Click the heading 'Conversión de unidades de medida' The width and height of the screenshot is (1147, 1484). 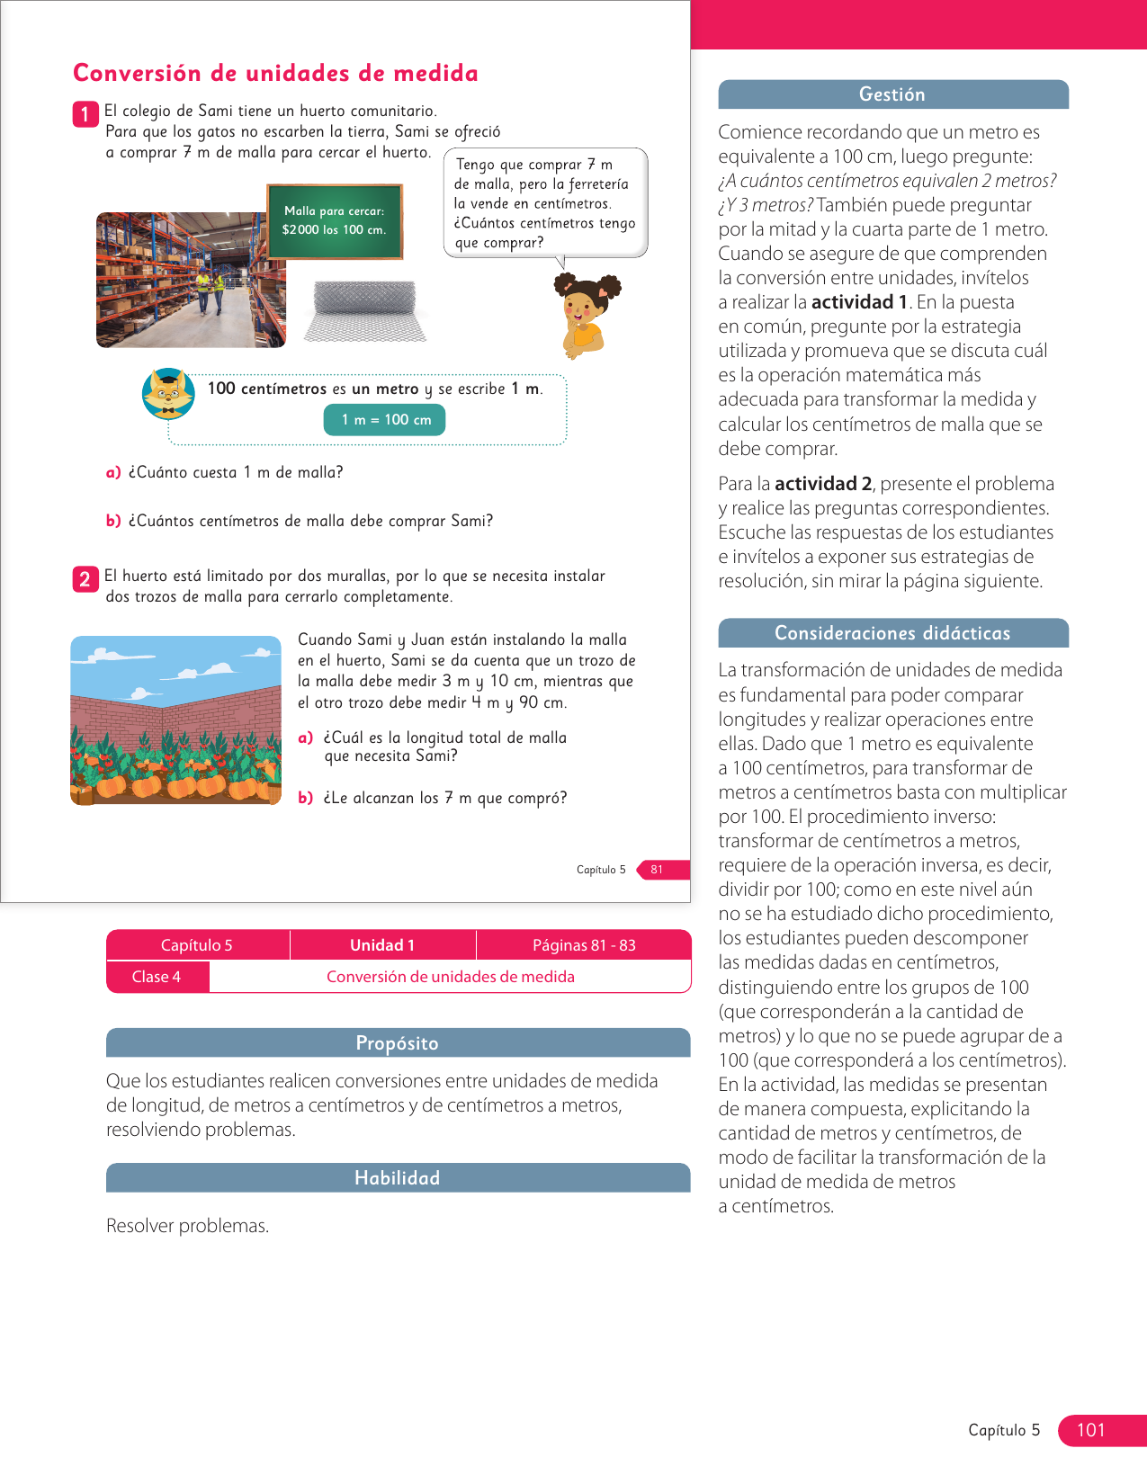(x=275, y=73)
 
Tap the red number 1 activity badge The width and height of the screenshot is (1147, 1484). (x=85, y=114)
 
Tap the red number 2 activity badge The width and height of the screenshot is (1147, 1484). (x=85, y=578)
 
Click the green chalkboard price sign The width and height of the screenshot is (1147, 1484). (x=334, y=221)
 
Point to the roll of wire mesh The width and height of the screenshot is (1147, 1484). (x=364, y=311)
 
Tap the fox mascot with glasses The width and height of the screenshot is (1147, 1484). (x=168, y=394)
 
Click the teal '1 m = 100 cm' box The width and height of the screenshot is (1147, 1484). (x=385, y=420)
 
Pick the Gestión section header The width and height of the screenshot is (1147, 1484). (x=892, y=94)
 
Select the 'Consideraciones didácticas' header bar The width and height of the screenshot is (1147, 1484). (x=892, y=633)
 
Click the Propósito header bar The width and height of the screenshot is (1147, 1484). (x=398, y=1043)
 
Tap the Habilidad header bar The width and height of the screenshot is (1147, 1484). (x=398, y=1178)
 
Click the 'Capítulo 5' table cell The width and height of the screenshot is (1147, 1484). (x=197, y=945)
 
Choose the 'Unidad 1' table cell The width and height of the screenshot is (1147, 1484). (x=382, y=945)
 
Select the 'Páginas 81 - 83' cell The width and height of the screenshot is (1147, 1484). (x=584, y=945)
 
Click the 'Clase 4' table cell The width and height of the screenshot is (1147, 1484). (x=157, y=977)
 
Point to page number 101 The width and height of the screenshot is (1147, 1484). (x=1090, y=1430)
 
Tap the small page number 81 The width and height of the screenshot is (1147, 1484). (x=658, y=870)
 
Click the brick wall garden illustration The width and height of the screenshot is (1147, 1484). (x=175, y=720)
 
